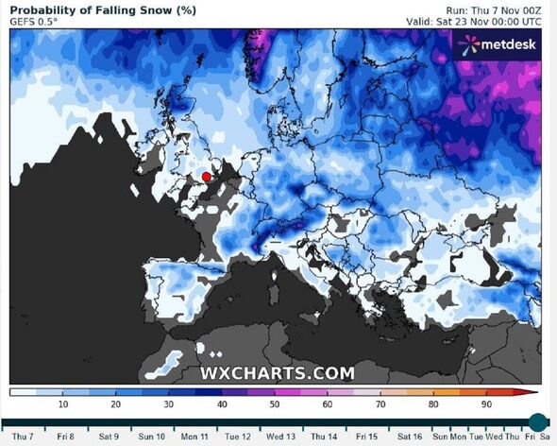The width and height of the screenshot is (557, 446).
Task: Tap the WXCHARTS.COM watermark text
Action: (x=277, y=372)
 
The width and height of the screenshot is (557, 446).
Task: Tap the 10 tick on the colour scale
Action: (x=63, y=404)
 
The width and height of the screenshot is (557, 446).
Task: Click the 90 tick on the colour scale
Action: (x=487, y=404)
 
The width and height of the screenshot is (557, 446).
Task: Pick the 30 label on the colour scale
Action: (x=169, y=404)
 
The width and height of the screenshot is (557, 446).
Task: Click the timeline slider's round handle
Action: (x=537, y=421)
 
